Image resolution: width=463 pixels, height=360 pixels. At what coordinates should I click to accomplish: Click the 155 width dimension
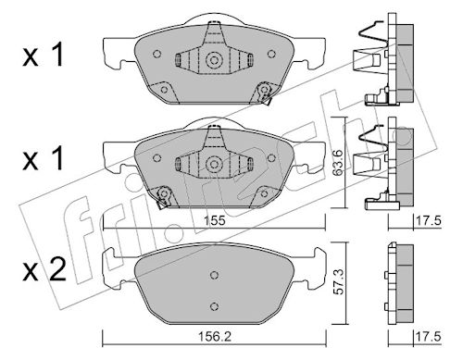[x=215, y=221]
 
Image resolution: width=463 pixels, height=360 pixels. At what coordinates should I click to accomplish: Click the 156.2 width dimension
[x=215, y=337]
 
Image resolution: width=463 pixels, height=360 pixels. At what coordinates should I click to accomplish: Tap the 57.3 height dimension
[x=340, y=281]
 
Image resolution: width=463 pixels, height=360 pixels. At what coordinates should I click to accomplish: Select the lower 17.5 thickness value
[x=429, y=337]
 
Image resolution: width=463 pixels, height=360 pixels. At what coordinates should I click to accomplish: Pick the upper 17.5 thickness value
[x=429, y=221]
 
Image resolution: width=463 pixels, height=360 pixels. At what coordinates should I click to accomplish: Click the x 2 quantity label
[x=44, y=270]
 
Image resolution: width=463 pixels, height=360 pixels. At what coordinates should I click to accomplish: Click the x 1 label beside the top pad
[x=44, y=56]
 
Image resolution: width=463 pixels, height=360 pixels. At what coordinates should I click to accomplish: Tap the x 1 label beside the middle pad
[x=44, y=159]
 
